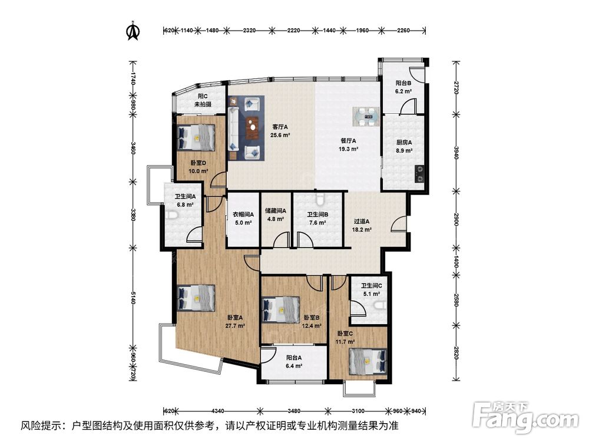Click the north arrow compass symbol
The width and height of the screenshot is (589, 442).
click(x=132, y=31)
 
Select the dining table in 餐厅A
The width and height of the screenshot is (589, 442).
click(x=366, y=117)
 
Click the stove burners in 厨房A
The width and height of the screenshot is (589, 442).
click(x=419, y=174)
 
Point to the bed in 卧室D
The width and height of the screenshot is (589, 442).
click(x=196, y=138)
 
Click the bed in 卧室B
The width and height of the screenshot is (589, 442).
click(x=280, y=310)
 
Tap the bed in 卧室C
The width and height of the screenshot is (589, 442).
click(x=368, y=361)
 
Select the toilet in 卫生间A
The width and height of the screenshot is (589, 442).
click(x=171, y=215)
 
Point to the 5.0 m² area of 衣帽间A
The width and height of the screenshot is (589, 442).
click(x=243, y=223)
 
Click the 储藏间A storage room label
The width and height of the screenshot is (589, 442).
click(x=275, y=211)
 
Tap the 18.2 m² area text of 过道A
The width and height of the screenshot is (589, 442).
click(x=362, y=229)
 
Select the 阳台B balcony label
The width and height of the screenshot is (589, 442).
click(x=403, y=83)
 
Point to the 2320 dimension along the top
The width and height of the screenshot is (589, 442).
click(x=249, y=31)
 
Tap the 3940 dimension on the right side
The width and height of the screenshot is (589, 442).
click(x=456, y=151)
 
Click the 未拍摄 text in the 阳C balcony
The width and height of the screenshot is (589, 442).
click(x=203, y=104)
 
